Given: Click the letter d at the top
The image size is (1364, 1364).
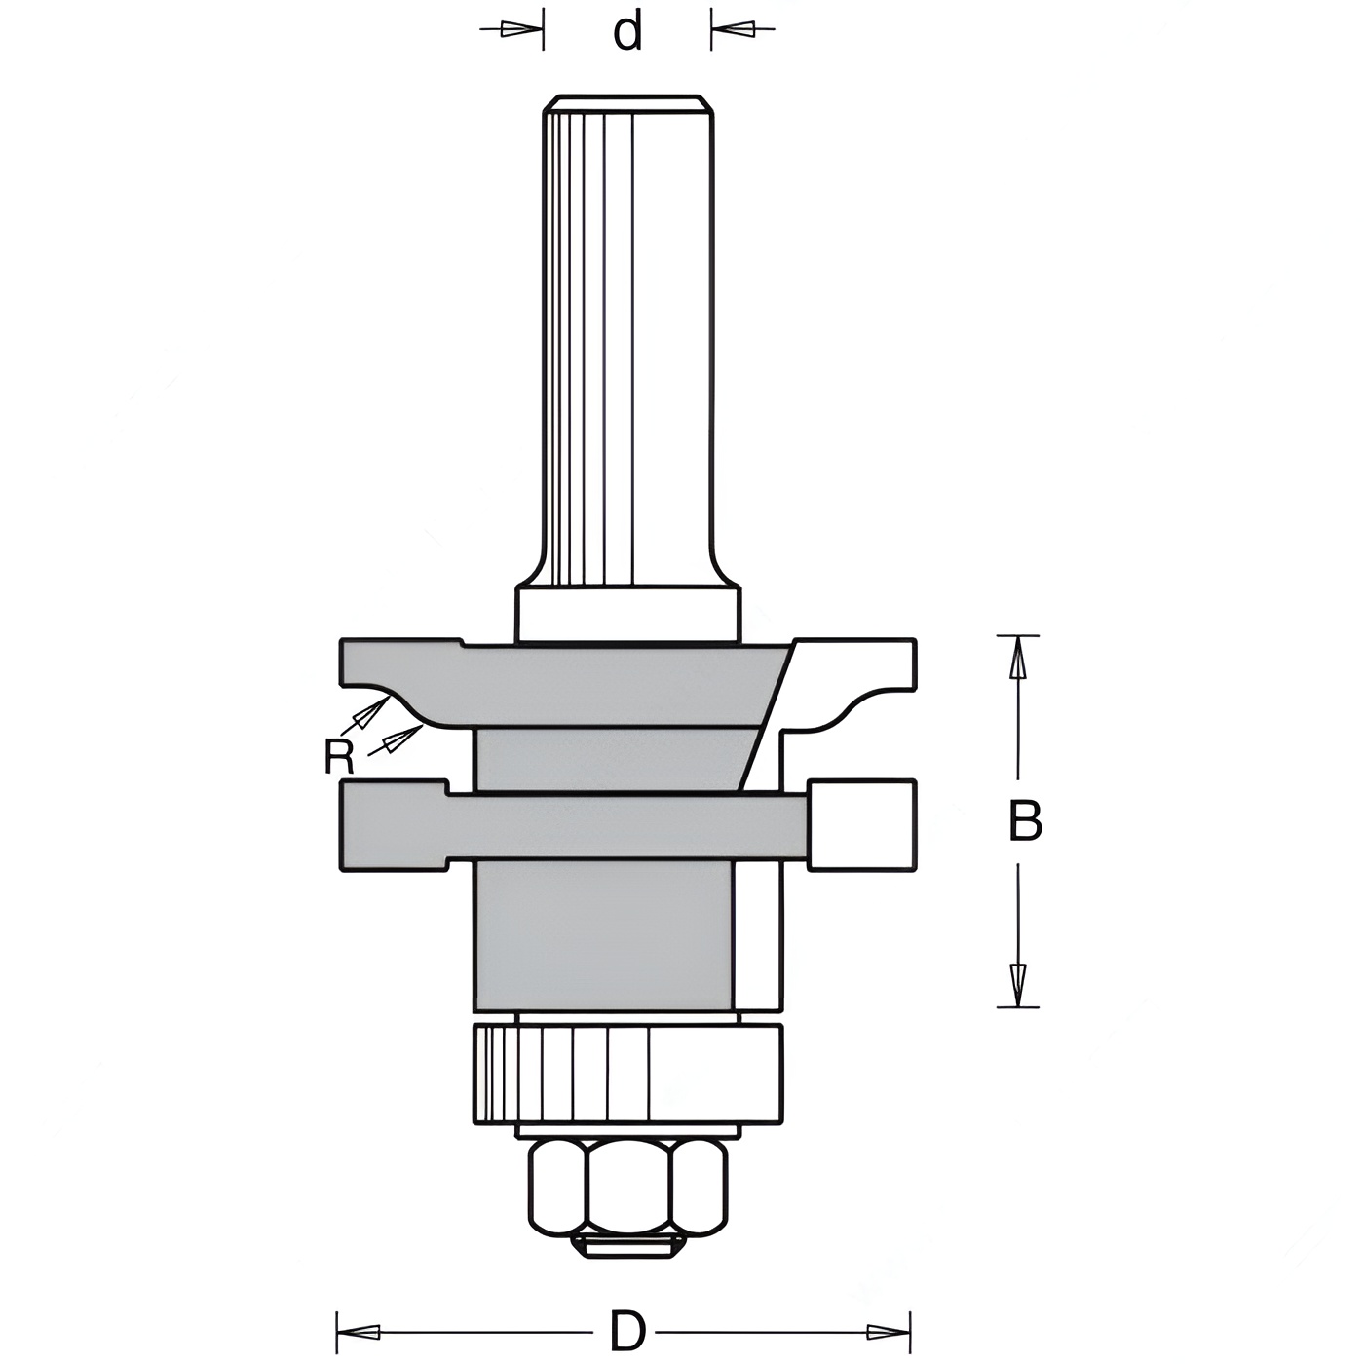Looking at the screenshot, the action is pos(627,33).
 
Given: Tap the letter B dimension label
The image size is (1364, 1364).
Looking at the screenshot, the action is pos(1025,820).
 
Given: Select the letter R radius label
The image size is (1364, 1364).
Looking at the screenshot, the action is pos(338,757).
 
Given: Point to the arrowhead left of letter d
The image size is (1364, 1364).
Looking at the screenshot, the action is pos(521,30).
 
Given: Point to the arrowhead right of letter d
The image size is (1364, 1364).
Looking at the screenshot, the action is pos(733,30).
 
